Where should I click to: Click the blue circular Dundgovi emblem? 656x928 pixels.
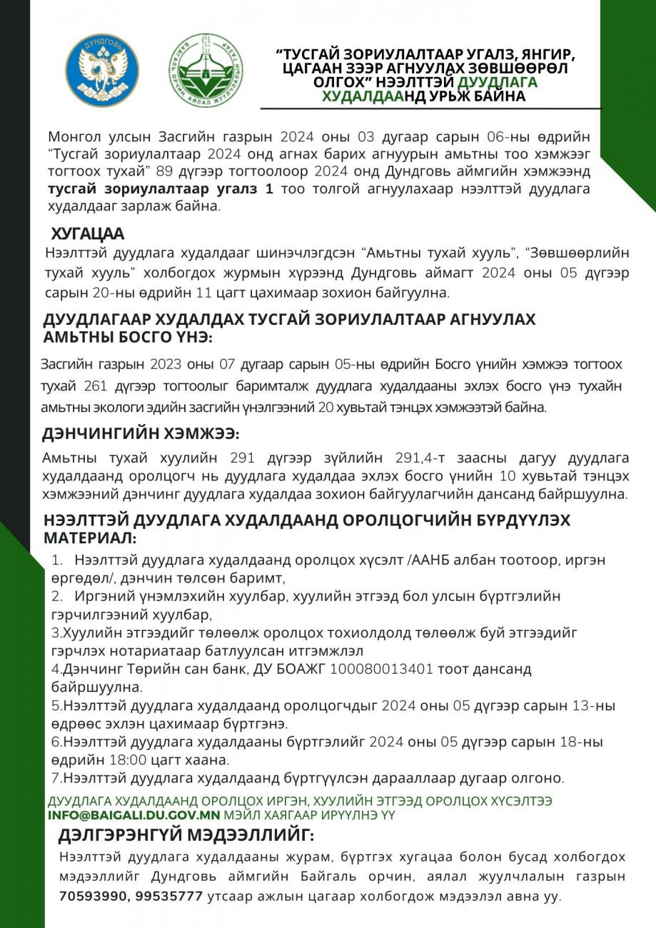(102, 69)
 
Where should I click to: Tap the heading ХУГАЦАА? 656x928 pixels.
(87, 233)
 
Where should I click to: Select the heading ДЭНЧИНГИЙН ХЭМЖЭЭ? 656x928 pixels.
(141, 433)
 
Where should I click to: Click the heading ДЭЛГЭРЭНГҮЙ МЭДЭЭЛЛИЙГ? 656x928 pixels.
(186, 834)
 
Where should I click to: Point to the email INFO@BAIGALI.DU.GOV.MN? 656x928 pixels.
(134, 814)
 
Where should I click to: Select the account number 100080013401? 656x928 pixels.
(381, 669)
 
